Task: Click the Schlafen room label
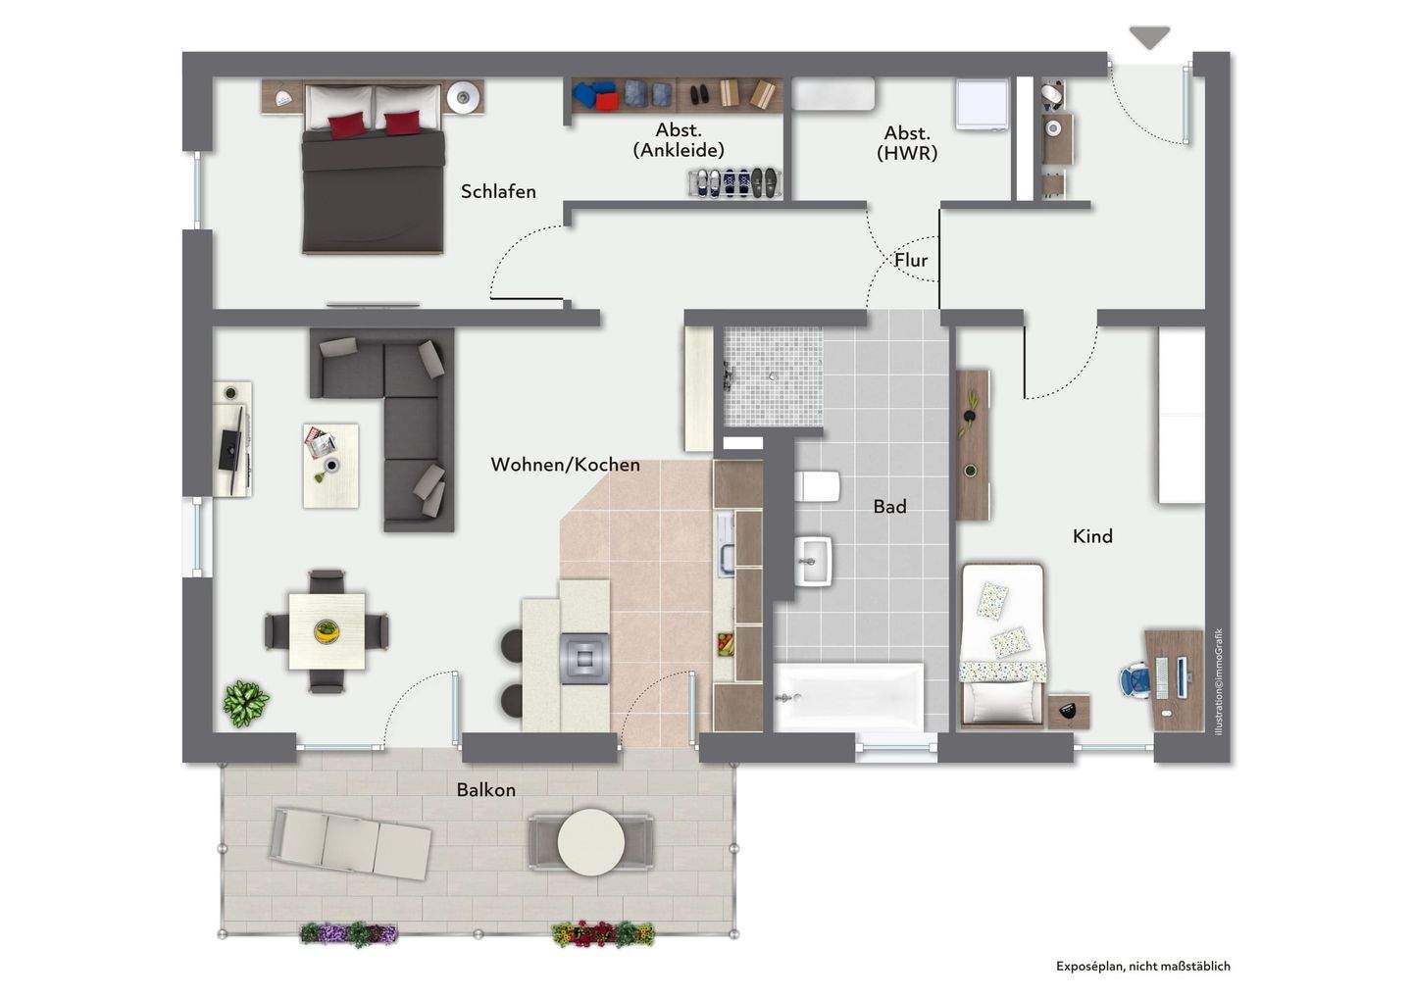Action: click(x=498, y=191)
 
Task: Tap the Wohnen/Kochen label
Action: click(x=566, y=465)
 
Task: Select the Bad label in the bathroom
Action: click(x=889, y=507)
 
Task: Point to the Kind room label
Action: click(x=1092, y=536)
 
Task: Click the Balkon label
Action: click(x=486, y=790)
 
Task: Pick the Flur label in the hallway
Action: click(x=911, y=260)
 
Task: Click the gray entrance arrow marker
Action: click(x=1150, y=37)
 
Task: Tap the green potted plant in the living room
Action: click(x=246, y=703)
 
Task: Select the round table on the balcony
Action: click(x=590, y=842)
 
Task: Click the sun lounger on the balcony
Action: click(x=351, y=845)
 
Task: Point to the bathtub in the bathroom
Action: click(x=848, y=697)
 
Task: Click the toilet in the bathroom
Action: click(x=817, y=486)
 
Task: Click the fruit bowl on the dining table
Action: click(x=327, y=630)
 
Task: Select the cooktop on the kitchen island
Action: click(x=584, y=659)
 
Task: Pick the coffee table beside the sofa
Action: click(x=331, y=466)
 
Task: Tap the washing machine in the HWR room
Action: click(x=983, y=104)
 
